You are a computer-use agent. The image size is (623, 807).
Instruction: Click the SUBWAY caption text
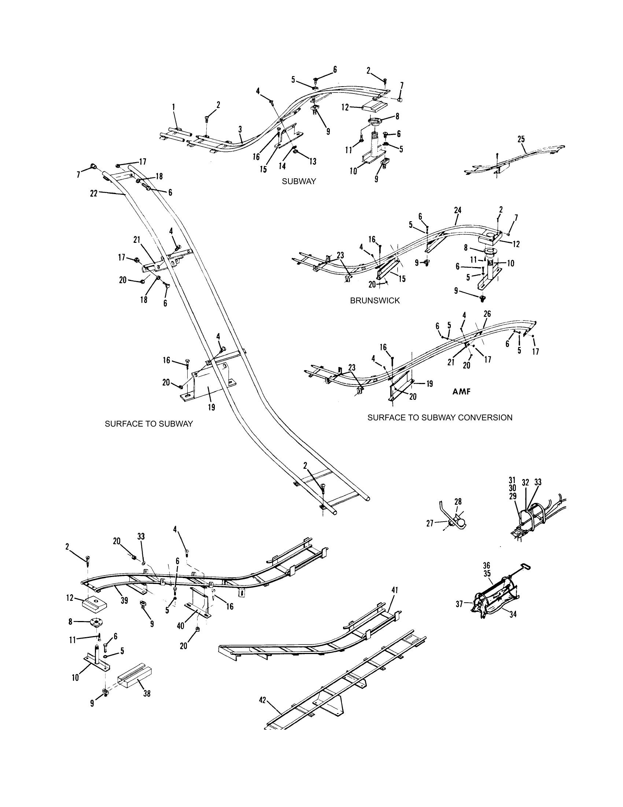299,182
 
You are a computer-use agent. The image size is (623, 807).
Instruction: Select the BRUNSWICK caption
375,300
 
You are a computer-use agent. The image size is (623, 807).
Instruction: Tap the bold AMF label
461,392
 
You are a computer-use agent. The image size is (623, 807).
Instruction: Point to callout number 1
173,107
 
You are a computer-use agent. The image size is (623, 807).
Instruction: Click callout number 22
94,193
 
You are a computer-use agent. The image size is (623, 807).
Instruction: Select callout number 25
521,140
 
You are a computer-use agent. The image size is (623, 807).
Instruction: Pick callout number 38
147,694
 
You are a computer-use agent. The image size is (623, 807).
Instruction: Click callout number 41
395,591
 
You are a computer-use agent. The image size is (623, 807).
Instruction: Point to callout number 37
459,604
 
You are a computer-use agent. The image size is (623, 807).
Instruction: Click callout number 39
124,601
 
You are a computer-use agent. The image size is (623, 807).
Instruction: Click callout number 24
458,210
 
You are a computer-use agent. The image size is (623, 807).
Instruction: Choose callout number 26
487,314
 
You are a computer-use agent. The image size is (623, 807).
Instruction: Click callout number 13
313,161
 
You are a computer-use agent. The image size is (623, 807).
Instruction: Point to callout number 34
513,614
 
